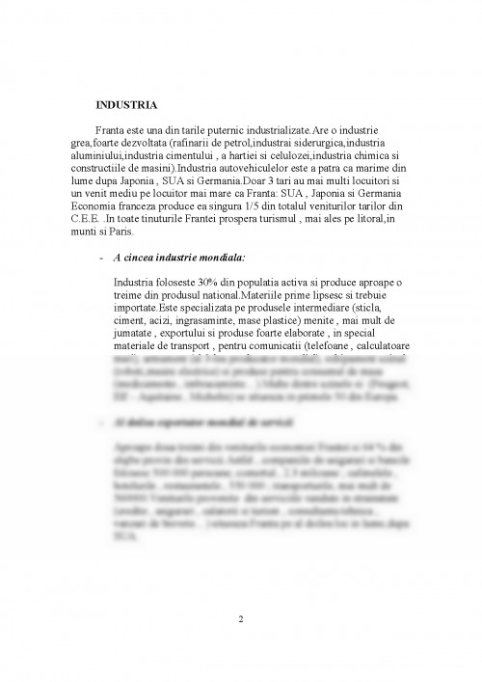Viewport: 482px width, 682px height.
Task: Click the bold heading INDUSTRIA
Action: click(x=127, y=103)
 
